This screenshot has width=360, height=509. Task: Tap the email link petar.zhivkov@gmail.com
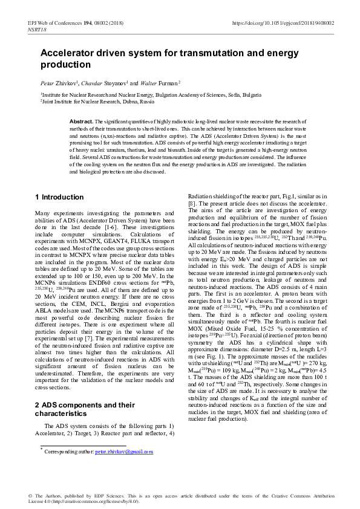[124, 452]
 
